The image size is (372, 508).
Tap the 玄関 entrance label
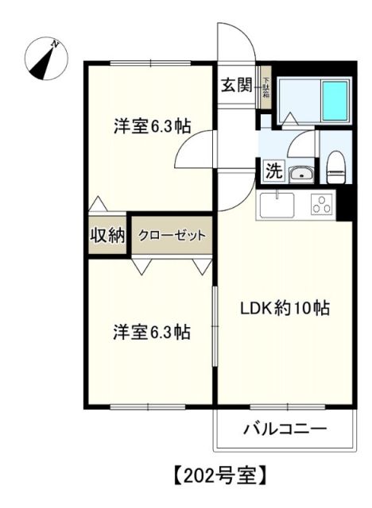(237, 83)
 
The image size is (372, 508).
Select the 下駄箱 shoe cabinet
(266, 87)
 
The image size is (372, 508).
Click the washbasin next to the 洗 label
(300, 173)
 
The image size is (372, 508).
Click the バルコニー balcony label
(285, 429)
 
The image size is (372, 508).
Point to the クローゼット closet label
(172, 235)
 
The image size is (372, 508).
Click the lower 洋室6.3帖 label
(150, 332)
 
